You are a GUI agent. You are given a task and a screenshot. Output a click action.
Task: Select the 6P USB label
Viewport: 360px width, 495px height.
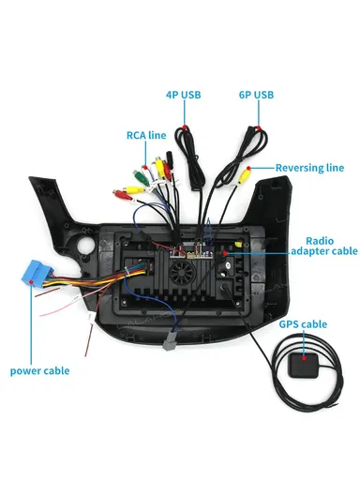tap(256, 95)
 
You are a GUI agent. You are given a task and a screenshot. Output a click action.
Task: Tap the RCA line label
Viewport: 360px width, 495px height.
tap(146, 135)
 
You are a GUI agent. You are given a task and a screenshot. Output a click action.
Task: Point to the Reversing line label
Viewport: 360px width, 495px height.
tap(308, 168)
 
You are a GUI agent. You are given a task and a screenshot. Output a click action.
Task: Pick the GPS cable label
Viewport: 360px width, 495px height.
tap(303, 324)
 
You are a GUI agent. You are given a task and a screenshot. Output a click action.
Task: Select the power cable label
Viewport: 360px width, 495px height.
tap(40, 370)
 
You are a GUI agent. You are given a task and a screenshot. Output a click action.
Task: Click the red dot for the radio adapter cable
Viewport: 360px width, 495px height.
tap(226, 251)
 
